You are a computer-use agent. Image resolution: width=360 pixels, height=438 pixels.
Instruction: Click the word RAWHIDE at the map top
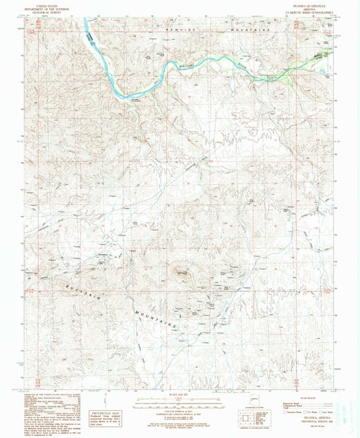coord(177,30)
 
